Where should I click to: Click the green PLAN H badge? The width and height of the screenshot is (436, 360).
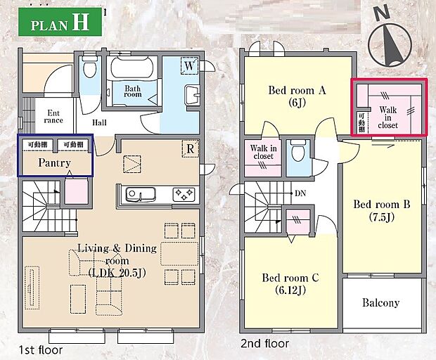click(60, 22)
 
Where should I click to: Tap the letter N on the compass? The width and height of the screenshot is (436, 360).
click(382, 13)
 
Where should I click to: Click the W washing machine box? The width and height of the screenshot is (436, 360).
click(189, 66)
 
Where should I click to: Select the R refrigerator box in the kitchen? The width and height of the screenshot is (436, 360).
click(190, 149)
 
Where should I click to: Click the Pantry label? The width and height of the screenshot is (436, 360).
click(55, 162)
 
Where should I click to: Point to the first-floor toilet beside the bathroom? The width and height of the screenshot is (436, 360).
click(89, 67)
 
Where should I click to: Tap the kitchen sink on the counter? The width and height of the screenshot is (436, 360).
click(141, 194)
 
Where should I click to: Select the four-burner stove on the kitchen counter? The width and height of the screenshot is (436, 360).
click(184, 195)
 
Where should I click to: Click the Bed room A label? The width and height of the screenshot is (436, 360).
click(297, 90)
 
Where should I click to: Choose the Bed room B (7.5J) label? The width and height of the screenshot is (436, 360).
click(382, 210)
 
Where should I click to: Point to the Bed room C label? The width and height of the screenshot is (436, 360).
click(290, 278)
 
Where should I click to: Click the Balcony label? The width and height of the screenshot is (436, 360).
click(380, 303)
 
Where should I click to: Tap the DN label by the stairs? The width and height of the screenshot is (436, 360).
click(300, 193)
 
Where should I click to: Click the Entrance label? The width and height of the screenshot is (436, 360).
click(53, 117)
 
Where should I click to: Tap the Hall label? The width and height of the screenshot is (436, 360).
click(99, 122)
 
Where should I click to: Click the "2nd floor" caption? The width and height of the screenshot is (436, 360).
click(264, 344)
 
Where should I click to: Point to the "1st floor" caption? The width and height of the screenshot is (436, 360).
click(41, 349)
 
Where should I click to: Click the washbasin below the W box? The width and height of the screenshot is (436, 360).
click(192, 95)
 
